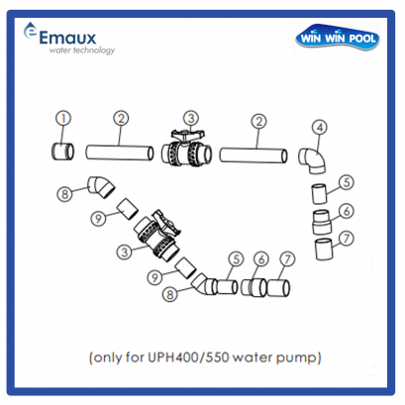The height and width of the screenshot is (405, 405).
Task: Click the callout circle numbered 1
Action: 62,120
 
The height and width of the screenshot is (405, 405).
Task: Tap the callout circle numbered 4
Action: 319,127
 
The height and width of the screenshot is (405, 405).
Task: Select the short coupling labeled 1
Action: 63,153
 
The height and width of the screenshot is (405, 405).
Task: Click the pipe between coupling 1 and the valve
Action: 120,154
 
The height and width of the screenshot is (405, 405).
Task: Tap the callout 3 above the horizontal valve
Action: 191,120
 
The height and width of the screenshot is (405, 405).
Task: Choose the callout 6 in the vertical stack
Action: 345,211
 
